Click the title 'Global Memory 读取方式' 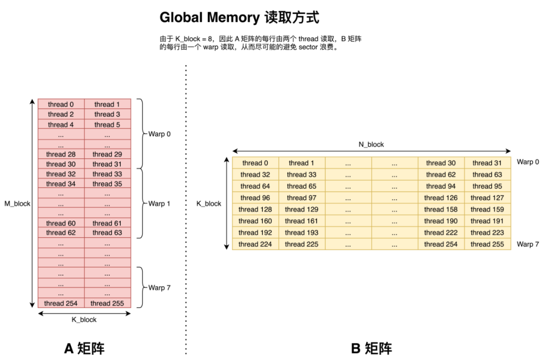[x=239, y=18]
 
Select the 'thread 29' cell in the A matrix [x=107, y=154]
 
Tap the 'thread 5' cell [x=107, y=124]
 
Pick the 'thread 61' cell [x=107, y=223]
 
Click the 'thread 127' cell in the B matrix [x=487, y=198]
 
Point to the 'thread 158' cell [x=441, y=209]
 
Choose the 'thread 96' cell [x=255, y=198]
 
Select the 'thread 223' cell [x=487, y=233]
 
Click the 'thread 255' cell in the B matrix [x=487, y=244]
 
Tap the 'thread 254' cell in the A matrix [x=61, y=303]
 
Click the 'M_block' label [x=18, y=204]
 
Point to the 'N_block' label [x=371, y=145]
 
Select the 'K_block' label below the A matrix [x=84, y=320]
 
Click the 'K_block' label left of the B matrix [x=209, y=204]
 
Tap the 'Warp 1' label [x=159, y=204]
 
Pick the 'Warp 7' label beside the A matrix [x=159, y=288]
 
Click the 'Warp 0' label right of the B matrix [x=528, y=162]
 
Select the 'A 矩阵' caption [x=84, y=348]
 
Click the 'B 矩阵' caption [x=371, y=348]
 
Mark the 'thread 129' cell [x=302, y=209]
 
